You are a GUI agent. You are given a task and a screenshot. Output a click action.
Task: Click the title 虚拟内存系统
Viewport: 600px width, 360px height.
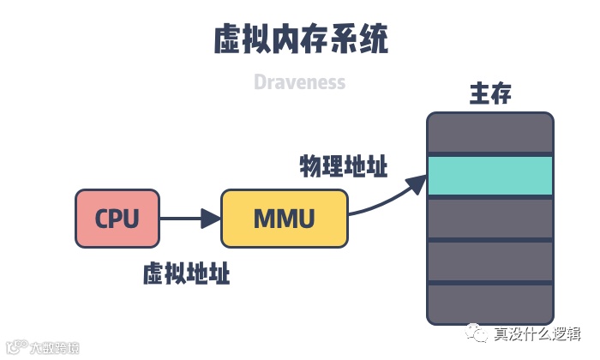point(299,39)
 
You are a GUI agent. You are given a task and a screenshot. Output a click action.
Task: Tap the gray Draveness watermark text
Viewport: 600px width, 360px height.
point(299,82)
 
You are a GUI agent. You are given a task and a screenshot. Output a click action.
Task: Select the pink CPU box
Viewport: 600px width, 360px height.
point(117,219)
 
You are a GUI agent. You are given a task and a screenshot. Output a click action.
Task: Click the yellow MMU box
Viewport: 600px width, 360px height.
point(285,219)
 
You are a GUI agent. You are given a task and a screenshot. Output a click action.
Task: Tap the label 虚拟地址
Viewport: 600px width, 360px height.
point(186,274)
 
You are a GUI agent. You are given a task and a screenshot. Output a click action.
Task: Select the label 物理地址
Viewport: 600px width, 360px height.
point(343,165)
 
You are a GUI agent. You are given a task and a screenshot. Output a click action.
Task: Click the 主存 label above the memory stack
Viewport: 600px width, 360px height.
point(490,93)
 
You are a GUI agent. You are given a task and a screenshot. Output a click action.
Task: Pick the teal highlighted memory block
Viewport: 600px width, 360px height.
point(490,176)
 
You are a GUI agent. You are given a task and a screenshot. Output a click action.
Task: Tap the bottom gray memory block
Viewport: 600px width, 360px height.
point(490,303)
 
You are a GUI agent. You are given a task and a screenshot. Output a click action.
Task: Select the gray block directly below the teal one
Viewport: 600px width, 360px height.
point(490,219)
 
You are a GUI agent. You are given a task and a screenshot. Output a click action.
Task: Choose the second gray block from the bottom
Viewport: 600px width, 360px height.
point(490,261)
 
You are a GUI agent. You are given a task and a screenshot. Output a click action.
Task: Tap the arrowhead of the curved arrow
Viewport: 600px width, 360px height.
point(418,181)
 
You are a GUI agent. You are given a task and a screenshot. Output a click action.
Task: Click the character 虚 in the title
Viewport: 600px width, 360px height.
point(227,39)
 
